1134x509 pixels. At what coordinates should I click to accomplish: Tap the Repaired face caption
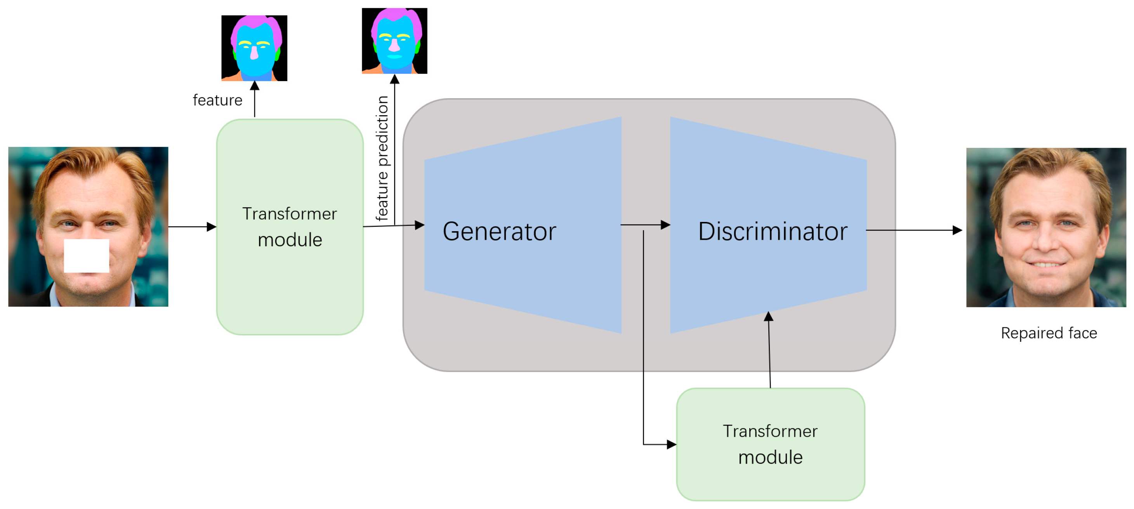pyautogui.click(x=1049, y=333)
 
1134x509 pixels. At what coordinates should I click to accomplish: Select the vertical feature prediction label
pyautogui.click(x=382, y=158)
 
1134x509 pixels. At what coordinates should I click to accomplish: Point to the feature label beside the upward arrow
pyautogui.click(x=217, y=100)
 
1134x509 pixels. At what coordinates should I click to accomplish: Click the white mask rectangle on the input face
pyautogui.click(x=86, y=256)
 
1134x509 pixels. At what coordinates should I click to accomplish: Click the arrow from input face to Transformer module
pyautogui.click(x=192, y=227)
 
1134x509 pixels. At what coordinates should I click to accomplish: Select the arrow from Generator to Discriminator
pyautogui.click(x=645, y=225)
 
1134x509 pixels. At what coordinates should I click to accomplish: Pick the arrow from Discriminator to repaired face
pyautogui.click(x=913, y=230)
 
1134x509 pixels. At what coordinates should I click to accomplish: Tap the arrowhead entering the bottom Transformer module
pyautogui.click(x=672, y=444)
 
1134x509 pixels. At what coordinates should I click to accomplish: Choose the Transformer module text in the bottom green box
pyautogui.click(x=770, y=444)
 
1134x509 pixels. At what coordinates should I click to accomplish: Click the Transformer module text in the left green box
pyautogui.click(x=290, y=227)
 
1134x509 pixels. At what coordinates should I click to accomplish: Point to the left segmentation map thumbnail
pyautogui.click(x=254, y=48)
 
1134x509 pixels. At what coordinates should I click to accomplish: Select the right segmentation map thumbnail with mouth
pyautogui.click(x=394, y=40)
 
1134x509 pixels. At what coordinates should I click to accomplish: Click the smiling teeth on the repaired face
pyautogui.click(x=1046, y=265)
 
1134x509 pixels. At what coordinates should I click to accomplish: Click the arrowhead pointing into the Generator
pyautogui.click(x=420, y=225)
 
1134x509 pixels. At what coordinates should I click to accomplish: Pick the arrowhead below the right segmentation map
pyautogui.click(x=394, y=79)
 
